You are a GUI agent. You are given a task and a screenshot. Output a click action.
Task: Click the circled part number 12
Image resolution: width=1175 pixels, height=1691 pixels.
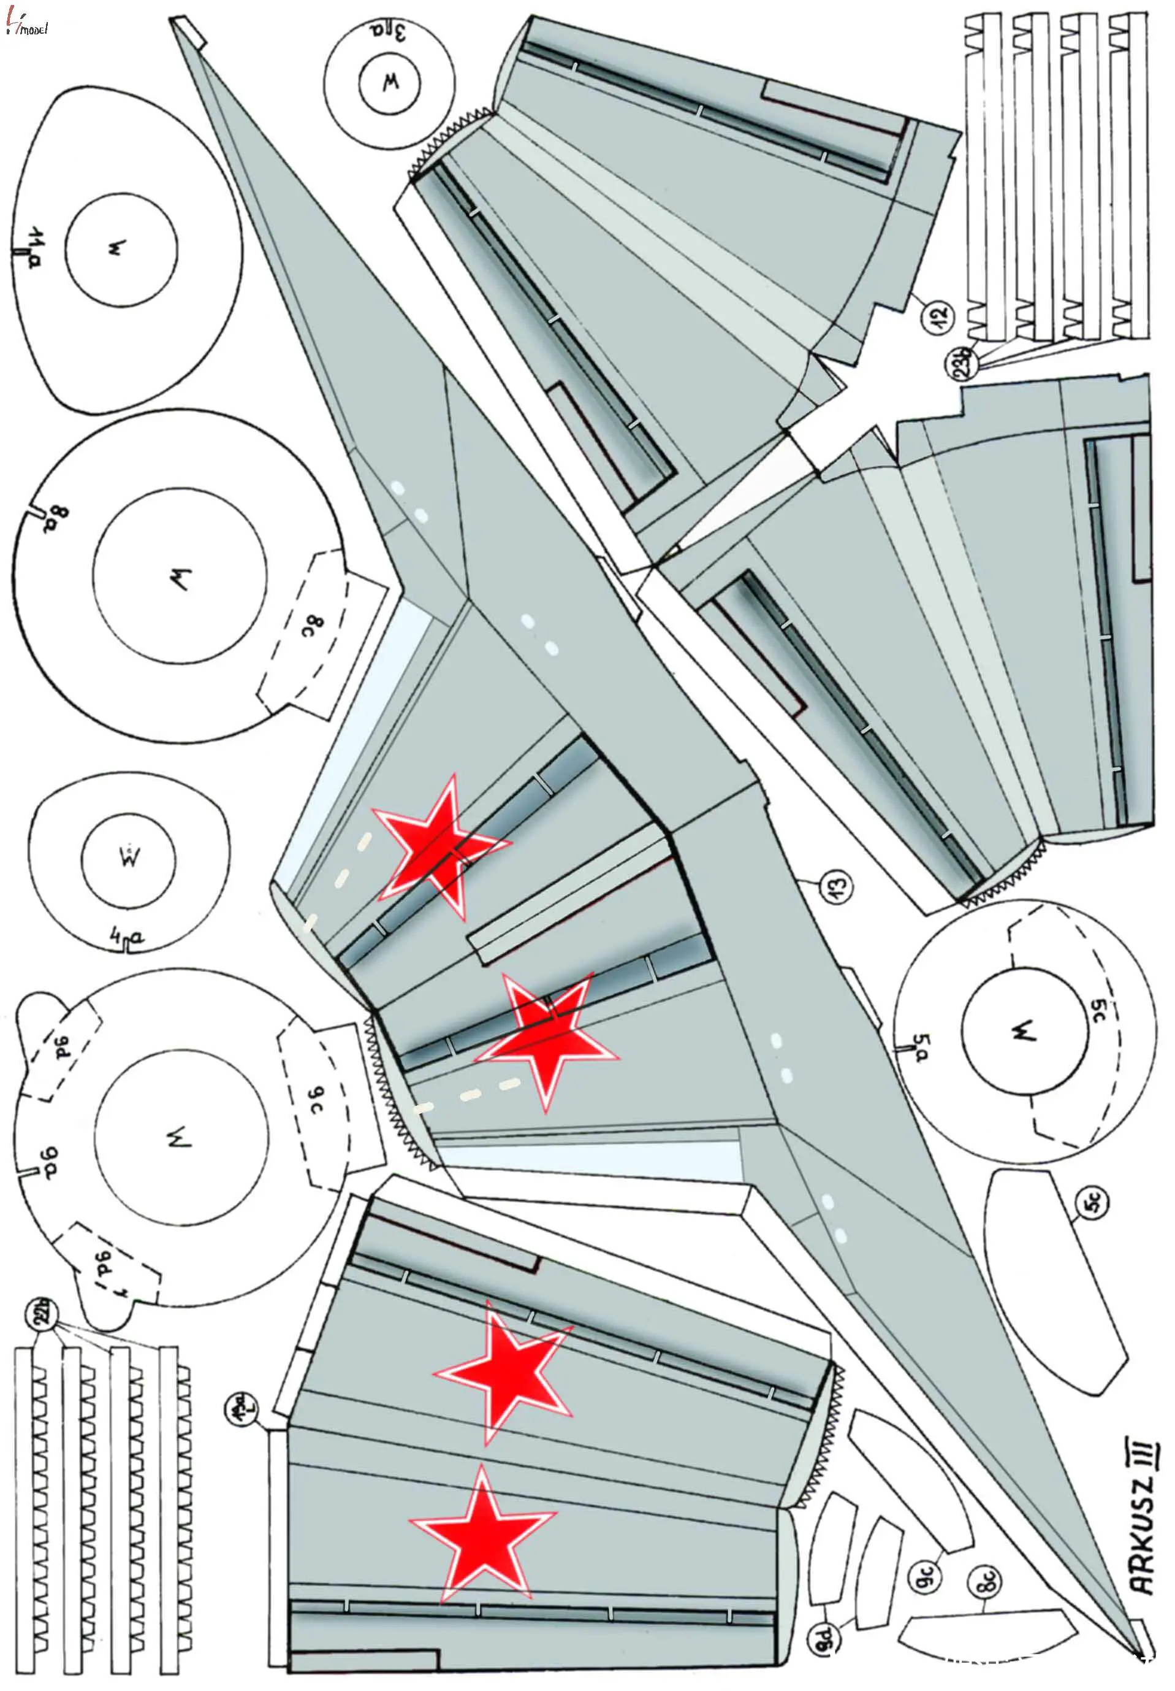click(940, 316)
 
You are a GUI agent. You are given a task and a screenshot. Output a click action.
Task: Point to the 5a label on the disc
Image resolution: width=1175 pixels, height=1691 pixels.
click(922, 1046)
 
